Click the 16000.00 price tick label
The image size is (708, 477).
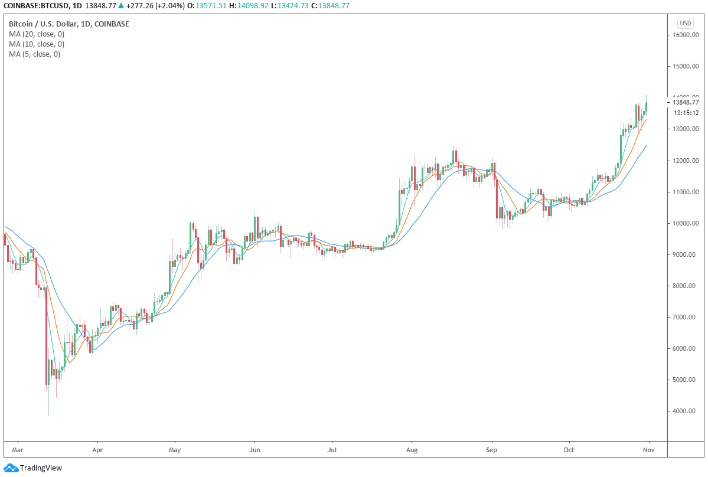[x=686, y=35]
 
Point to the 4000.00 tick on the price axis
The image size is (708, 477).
[x=686, y=411]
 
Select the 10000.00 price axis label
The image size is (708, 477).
[x=686, y=224]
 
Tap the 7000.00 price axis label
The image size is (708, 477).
[x=686, y=318]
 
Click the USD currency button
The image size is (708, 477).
[x=685, y=23]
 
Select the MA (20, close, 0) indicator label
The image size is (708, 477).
[x=37, y=34]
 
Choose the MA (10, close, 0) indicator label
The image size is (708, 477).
[x=37, y=44]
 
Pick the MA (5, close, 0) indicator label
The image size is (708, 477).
[x=34, y=54]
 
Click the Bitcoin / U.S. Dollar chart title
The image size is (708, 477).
[x=68, y=24]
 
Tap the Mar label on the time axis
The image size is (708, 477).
[x=17, y=450]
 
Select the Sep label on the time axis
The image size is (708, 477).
[x=491, y=450]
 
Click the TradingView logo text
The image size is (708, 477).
[x=41, y=468]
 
